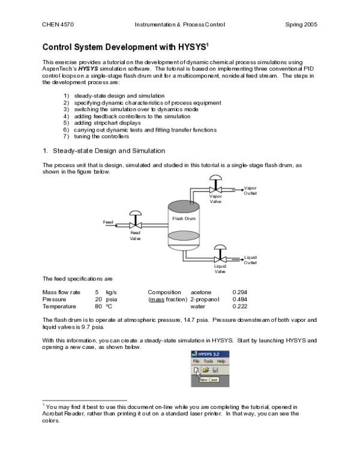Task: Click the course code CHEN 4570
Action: click(58, 25)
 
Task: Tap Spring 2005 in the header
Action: click(301, 25)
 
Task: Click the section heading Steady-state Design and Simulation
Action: click(109, 150)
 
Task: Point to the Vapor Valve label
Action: click(215, 199)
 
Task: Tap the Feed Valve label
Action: click(136, 235)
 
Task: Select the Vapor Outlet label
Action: click(250, 190)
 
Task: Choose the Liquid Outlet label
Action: click(250, 259)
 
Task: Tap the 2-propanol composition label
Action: click(205, 299)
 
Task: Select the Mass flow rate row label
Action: click(61, 292)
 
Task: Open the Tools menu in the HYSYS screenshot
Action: click(208, 362)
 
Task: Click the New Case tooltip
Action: click(208, 380)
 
